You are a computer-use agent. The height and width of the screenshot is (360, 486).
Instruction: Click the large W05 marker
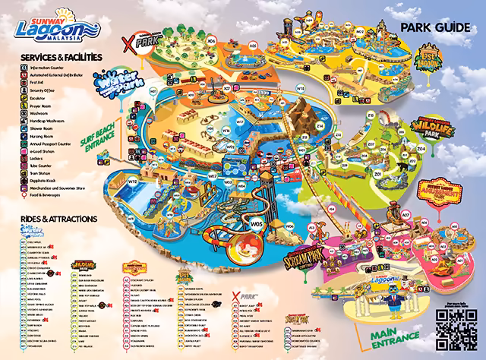click(x=256, y=224)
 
